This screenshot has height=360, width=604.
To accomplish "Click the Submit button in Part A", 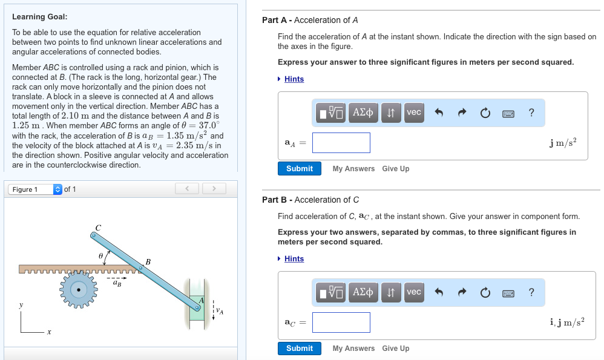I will pos(299,169).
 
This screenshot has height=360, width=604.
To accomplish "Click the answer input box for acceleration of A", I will pos(341,143).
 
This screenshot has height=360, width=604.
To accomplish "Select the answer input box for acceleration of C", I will pos(341,322).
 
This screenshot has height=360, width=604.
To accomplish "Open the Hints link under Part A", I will pos(294,79).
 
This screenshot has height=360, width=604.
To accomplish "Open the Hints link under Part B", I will pos(294,259).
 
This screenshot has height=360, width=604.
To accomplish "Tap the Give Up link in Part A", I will pos(395,169).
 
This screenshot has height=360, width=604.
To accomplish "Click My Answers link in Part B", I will pos(353,349).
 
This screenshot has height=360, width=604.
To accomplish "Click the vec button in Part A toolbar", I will pos(414,113).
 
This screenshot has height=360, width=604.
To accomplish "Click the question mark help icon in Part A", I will pos(531,113).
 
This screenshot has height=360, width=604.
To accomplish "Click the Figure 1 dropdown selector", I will pos(35,189).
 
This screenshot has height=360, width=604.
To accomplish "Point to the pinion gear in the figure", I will pos(79,290).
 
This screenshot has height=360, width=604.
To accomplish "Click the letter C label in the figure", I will pos(98,226).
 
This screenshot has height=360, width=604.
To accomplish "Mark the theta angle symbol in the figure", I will pos(101,257).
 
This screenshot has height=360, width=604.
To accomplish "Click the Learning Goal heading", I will pos(39,17).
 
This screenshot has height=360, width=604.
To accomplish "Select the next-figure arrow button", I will pos(214,189).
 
